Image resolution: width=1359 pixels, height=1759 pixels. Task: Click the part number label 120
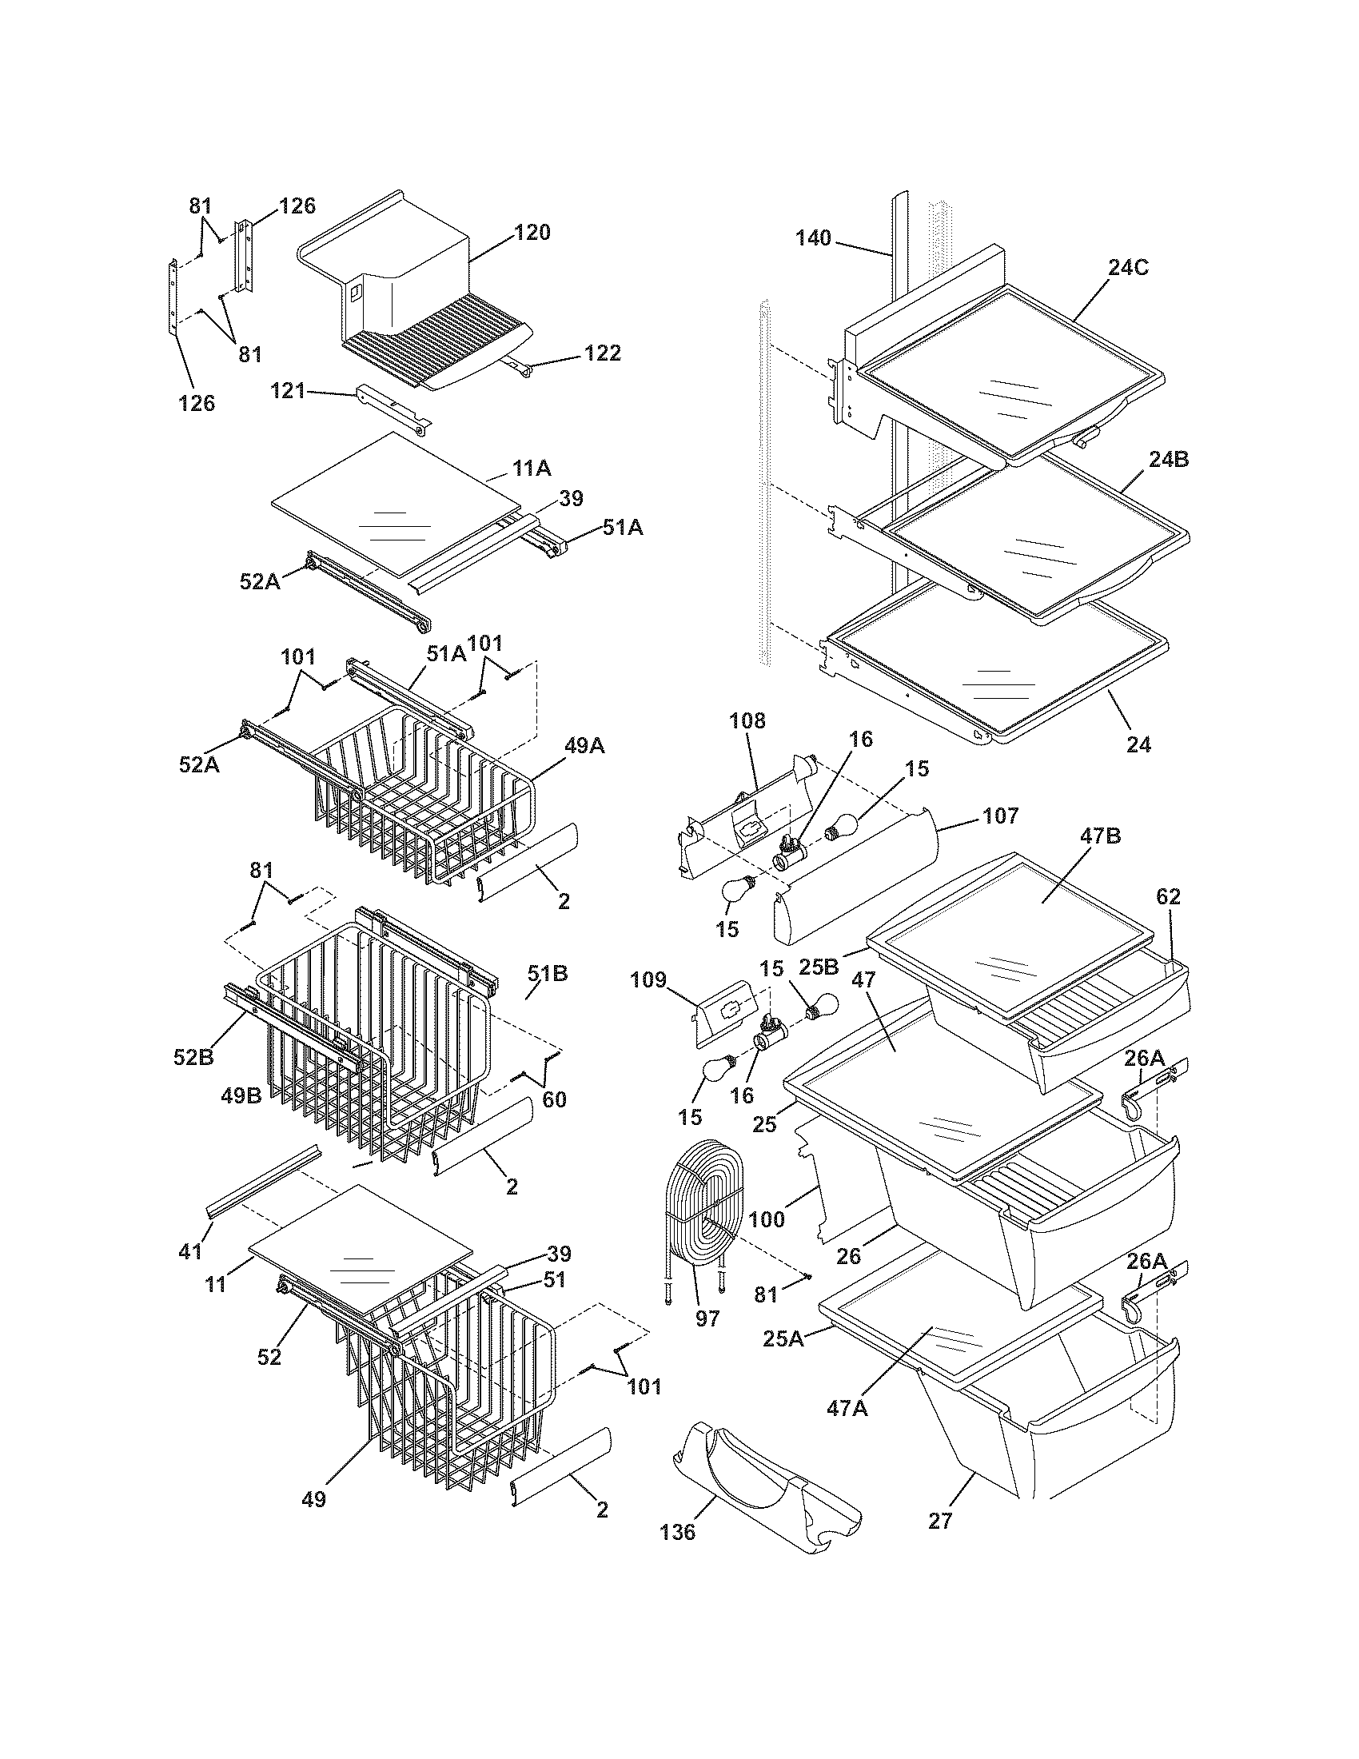532,233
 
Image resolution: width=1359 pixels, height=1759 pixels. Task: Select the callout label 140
813,238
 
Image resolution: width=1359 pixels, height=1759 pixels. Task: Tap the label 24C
1127,267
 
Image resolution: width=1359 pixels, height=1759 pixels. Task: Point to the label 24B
1168,460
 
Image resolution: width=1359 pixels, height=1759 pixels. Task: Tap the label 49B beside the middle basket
241,1095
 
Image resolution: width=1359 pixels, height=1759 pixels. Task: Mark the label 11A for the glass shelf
532,468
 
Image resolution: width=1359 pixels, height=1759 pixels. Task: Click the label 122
602,353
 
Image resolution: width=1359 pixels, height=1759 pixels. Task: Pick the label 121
289,392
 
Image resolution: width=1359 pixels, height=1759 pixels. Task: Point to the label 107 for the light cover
999,816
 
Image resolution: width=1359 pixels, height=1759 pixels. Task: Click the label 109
649,980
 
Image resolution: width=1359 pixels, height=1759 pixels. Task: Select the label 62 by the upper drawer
1167,896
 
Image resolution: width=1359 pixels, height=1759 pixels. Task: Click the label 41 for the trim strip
190,1250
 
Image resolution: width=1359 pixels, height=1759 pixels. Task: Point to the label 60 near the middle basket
554,1099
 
